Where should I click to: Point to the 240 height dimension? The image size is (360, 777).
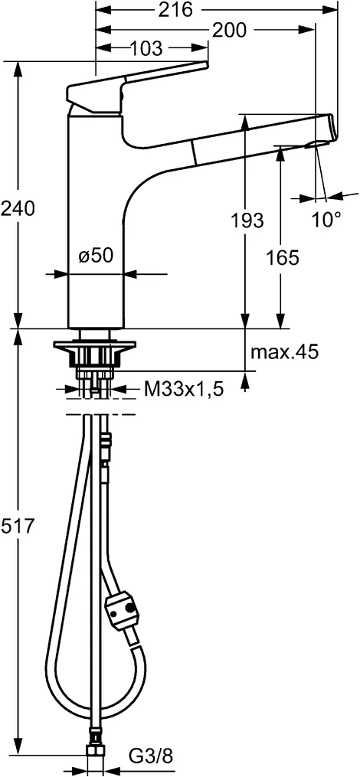(x=18, y=207)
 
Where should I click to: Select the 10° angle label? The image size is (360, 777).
(x=326, y=220)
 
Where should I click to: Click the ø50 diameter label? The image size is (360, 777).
(x=97, y=256)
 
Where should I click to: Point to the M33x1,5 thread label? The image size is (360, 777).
(x=184, y=390)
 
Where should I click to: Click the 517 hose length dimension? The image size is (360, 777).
(x=18, y=527)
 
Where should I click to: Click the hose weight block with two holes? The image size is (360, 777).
(x=124, y=611)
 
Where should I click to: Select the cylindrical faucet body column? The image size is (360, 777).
(x=96, y=222)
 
